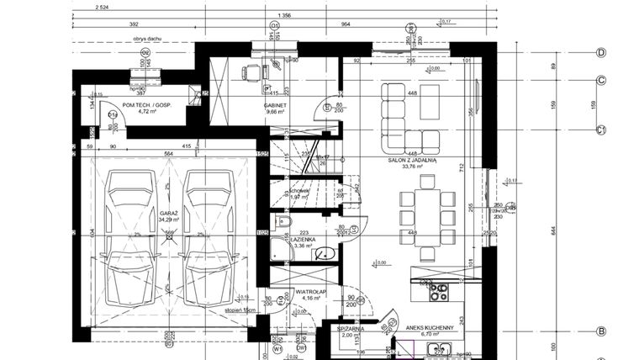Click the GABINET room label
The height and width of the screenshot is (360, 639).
point(276,105)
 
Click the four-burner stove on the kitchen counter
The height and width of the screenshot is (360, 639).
point(439,291)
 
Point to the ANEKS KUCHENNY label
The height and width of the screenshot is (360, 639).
point(429,328)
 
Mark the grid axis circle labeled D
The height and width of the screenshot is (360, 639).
point(601,52)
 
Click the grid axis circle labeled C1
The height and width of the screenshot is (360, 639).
point(601,130)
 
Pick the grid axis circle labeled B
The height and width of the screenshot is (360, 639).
point(601,331)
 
